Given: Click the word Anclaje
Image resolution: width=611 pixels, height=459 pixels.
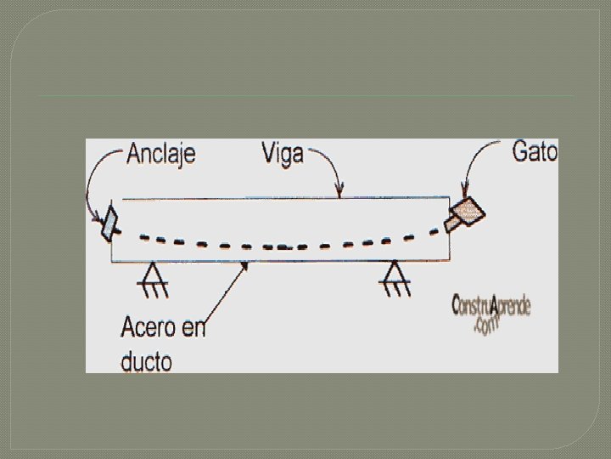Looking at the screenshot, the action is coord(161,154).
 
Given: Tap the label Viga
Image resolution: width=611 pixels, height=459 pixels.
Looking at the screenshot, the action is coord(283,155).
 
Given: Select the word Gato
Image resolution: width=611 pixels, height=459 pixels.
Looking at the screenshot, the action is coord(535,152).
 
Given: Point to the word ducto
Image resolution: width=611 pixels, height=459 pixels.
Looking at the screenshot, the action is coord(146,361).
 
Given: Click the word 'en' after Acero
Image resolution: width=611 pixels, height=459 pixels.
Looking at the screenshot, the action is coord(193,328).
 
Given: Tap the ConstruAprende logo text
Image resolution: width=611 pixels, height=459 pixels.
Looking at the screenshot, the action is coord(491,306).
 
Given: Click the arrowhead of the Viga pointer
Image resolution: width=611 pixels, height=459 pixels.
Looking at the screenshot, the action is coord(340,192).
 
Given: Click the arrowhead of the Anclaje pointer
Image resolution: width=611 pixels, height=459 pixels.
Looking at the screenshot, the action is coord(99,217).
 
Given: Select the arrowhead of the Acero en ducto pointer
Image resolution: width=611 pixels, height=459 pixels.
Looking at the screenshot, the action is coord(247,265).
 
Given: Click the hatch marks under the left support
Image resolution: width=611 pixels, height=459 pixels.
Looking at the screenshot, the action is coord(154,290).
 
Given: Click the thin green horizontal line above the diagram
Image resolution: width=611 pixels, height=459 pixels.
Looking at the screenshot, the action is coord(305,96).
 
